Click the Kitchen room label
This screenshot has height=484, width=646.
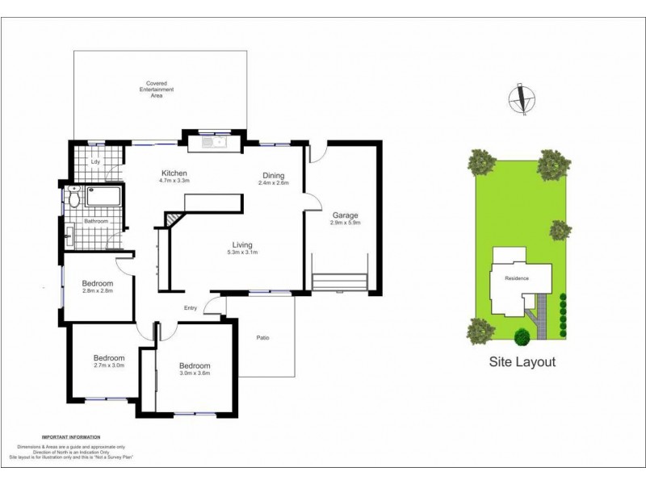pos(174,173)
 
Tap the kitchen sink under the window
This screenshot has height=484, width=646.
pos(211,144)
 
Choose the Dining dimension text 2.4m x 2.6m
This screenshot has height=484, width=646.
pos(272,183)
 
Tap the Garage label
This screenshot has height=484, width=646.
pos(345,215)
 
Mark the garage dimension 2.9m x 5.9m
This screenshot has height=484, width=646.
pos(345,223)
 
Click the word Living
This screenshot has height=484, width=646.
pos(242,244)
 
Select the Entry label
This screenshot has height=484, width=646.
pos(191,307)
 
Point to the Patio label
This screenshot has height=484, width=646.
pos(262,337)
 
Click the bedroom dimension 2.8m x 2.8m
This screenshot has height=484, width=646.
pos(97,291)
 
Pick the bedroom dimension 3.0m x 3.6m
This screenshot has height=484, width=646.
pos(195,373)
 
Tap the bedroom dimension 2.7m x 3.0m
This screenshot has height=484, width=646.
pos(108,365)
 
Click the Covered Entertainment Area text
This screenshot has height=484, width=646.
pos(155,89)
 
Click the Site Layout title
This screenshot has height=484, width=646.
pos(522,362)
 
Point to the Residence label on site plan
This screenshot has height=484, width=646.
pos(517,278)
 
